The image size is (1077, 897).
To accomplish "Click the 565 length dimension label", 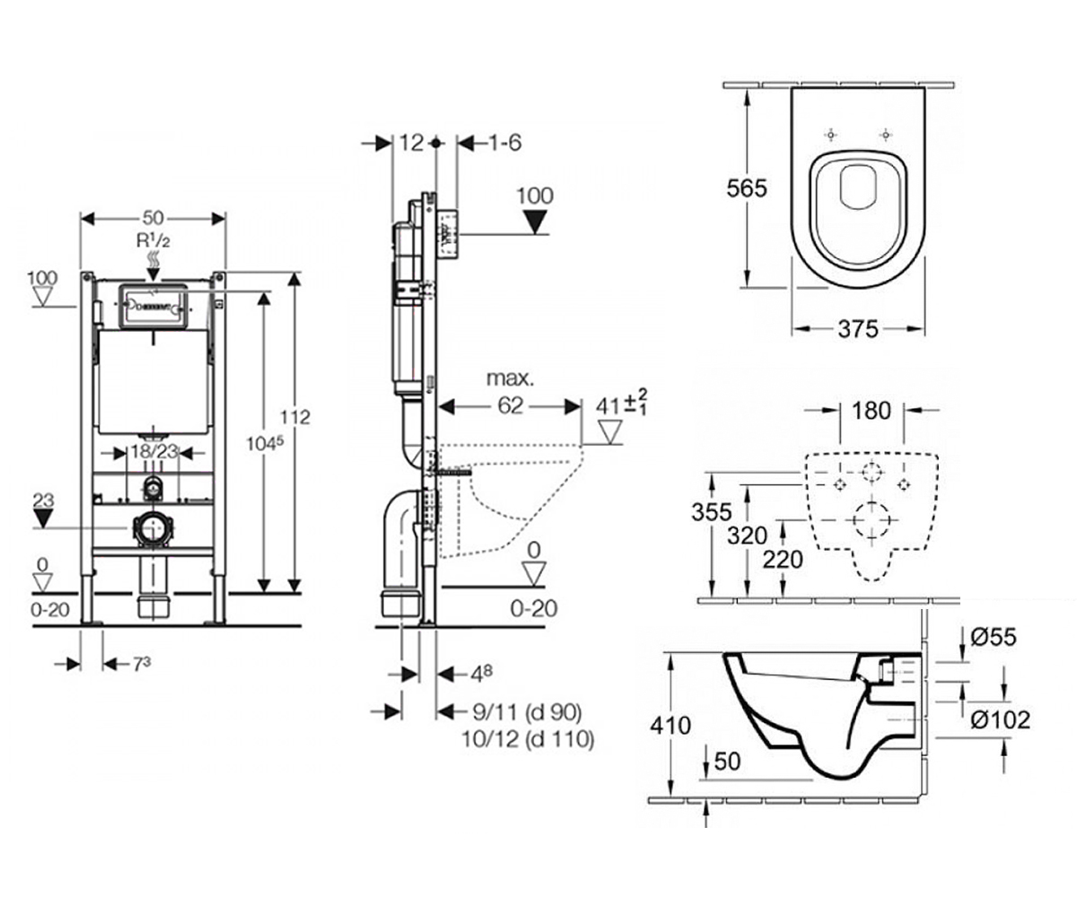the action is pyautogui.click(x=747, y=188).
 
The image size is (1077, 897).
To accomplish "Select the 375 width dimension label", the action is pyautogui.click(x=858, y=329).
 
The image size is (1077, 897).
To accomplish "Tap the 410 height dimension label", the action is pyautogui.click(x=670, y=726).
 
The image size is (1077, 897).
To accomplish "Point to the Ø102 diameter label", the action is pyautogui.click(x=1000, y=719).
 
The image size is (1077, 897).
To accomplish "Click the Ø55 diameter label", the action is pyautogui.click(x=994, y=637).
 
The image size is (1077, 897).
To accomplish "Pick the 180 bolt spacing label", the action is pyautogui.click(x=871, y=411).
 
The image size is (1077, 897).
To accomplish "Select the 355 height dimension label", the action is pyautogui.click(x=712, y=512).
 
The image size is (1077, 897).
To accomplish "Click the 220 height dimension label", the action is pyautogui.click(x=783, y=560).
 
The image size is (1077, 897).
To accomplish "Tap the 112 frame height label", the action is pyautogui.click(x=295, y=418).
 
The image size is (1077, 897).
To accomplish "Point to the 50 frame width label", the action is pyautogui.click(x=153, y=218).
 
